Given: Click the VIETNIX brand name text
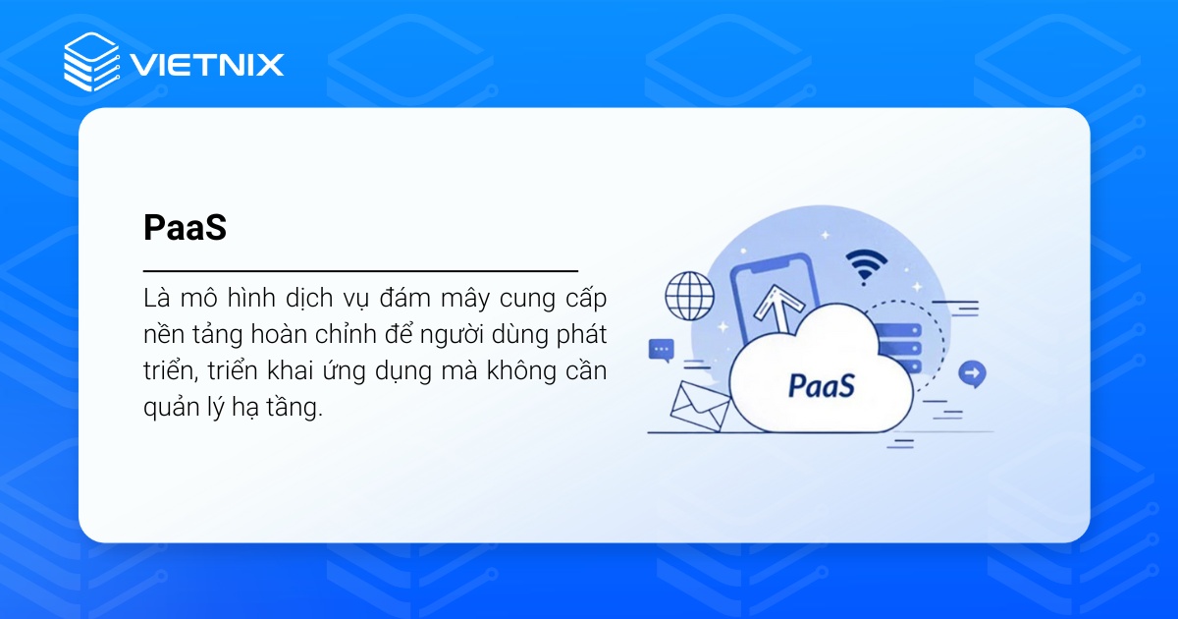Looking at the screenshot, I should coord(207,65).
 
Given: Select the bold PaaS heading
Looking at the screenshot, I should coord(185,228).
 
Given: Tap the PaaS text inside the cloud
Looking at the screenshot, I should coord(821,384).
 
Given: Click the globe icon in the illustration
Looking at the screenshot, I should coord(688,294).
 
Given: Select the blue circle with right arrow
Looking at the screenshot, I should coord(972,373).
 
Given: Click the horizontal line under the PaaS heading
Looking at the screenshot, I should coord(360,269).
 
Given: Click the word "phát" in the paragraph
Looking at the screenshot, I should coord(583,335).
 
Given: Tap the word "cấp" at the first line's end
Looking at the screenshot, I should coord(585,299).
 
